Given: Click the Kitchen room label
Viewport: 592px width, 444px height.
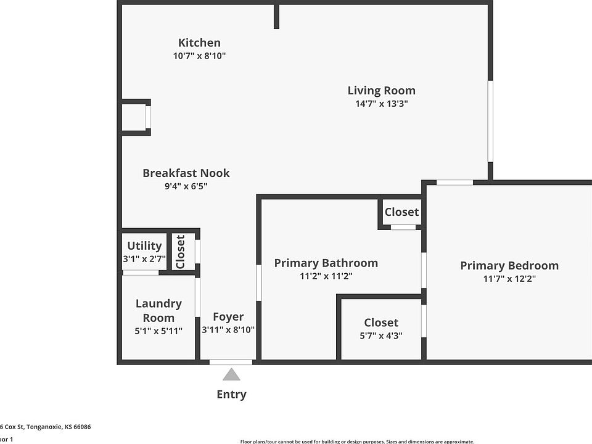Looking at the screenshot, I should (x=199, y=43).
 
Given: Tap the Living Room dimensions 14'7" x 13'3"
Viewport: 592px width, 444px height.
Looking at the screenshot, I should (x=381, y=104).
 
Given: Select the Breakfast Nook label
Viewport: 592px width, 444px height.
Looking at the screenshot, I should (x=186, y=173).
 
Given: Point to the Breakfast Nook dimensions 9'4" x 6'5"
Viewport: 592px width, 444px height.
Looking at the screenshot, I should (x=186, y=186).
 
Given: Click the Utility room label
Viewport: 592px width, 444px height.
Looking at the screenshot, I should (x=144, y=246).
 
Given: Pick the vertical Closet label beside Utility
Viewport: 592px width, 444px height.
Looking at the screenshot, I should (x=181, y=252).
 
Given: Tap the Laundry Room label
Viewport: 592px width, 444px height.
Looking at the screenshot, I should (x=158, y=310).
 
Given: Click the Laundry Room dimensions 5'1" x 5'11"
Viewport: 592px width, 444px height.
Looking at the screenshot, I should (x=158, y=331).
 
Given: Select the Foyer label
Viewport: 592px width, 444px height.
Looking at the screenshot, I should (x=228, y=317).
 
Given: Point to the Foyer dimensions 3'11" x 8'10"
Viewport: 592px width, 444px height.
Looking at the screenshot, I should (x=228, y=330).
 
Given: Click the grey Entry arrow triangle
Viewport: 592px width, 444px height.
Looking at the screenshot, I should (x=231, y=374).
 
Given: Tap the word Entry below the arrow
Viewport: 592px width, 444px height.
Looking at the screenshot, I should (x=231, y=395).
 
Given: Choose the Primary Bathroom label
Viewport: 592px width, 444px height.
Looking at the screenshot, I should (x=326, y=263).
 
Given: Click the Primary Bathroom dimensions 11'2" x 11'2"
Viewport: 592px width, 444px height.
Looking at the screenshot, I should (x=326, y=276).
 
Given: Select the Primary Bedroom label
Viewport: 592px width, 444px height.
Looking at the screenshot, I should (x=509, y=266).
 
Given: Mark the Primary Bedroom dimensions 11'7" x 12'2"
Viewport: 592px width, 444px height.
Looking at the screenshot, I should (x=509, y=279).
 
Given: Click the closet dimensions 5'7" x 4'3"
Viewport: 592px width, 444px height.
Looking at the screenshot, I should (x=381, y=336).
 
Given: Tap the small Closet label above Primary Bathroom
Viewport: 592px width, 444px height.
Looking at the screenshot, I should (x=401, y=212).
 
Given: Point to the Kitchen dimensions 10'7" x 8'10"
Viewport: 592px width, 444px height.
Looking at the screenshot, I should (x=199, y=56).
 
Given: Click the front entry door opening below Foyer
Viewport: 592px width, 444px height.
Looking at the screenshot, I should (x=231, y=362).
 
